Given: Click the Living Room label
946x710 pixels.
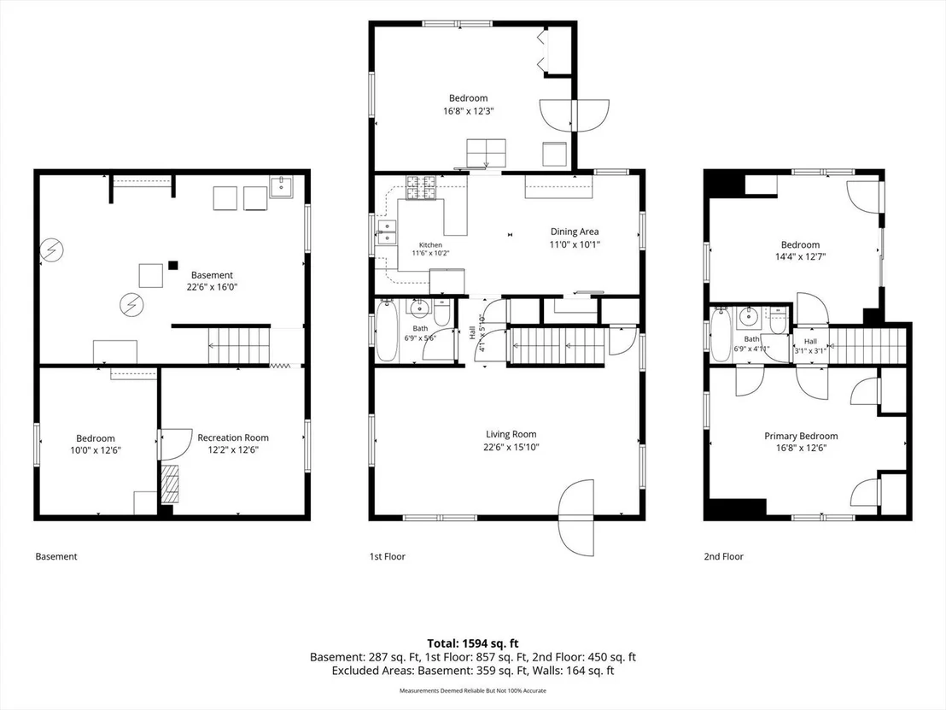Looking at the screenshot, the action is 511,434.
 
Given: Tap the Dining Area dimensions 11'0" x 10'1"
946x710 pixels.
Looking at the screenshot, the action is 575,244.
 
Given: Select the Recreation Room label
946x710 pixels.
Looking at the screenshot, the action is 233,437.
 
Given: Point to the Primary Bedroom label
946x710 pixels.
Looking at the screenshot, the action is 801,436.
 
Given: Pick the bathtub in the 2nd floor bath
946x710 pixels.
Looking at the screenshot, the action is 721,334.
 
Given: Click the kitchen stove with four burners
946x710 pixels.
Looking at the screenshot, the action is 421,188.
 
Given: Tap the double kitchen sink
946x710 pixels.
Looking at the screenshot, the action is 386,232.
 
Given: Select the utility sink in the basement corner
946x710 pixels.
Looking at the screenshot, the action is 281,187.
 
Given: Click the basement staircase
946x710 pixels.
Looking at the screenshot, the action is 238,345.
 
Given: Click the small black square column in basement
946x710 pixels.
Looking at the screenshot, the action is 173,265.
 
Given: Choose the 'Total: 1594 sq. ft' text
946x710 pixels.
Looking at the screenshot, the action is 473,643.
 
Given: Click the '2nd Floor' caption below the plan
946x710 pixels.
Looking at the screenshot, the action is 723,557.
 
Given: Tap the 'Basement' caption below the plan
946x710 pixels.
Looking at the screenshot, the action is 56,557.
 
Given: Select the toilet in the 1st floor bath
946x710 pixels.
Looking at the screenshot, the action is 442,312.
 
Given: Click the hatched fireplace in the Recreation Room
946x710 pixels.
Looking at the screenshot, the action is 170,484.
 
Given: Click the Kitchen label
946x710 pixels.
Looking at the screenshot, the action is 431,245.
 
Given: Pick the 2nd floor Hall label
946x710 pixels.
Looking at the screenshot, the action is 810,342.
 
